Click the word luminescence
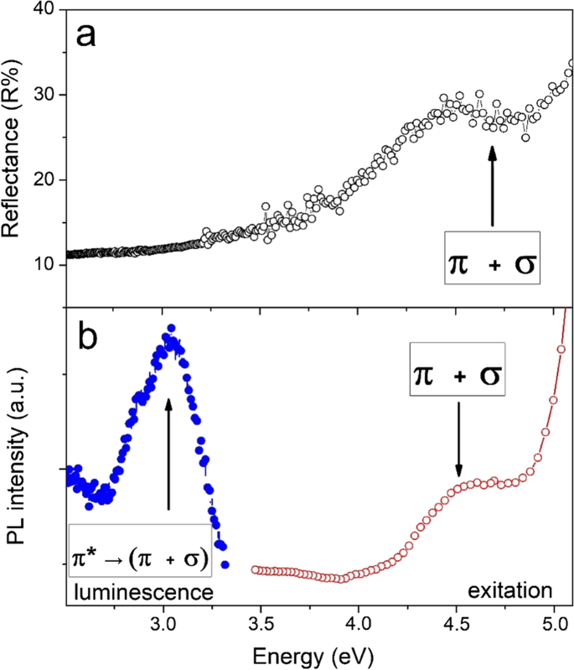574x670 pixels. click(x=141, y=591)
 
